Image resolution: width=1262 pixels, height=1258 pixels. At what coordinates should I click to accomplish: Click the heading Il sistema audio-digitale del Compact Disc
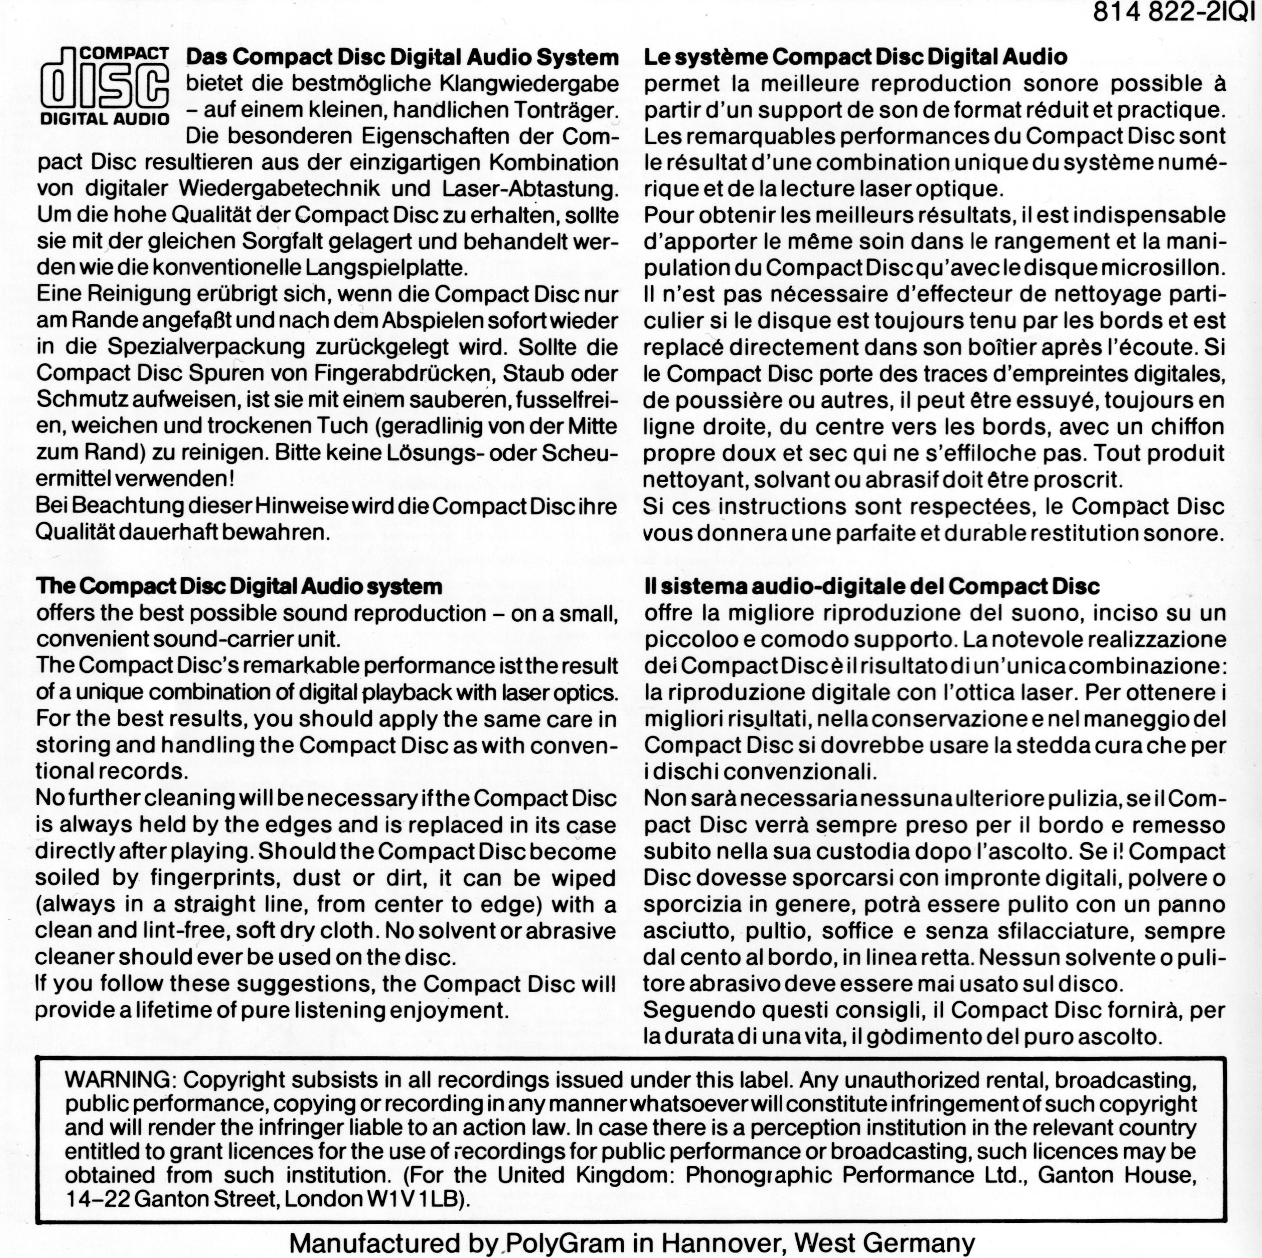click(871, 586)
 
